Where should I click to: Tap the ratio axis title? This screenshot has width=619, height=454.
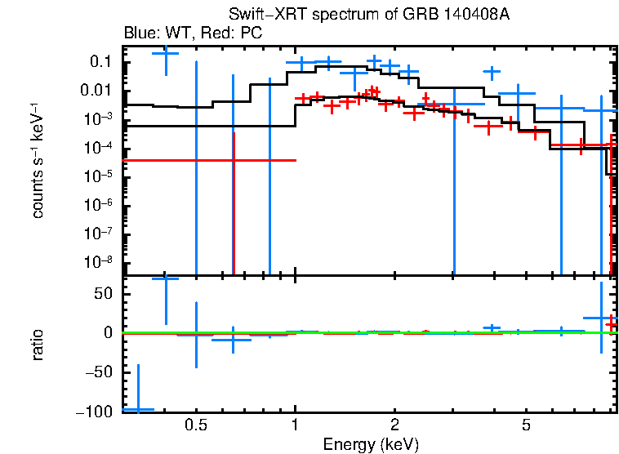38,345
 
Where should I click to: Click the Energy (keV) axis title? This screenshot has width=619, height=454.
371,444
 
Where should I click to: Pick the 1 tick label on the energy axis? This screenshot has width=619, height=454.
295,425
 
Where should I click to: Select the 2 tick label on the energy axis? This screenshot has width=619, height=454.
394,425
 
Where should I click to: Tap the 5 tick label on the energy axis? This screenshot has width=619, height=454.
526,425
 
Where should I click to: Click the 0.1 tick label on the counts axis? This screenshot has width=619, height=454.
100,62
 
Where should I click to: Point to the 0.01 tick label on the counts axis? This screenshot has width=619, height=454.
96,91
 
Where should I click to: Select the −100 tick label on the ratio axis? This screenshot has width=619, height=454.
95,412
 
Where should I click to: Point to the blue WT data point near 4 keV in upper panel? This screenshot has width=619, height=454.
492,72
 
